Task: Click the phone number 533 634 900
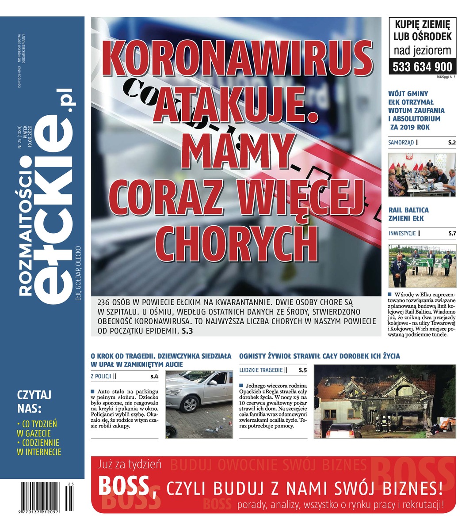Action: pyautogui.click(x=422, y=67)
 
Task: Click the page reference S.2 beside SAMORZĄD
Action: pyautogui.click(x=452, y=143)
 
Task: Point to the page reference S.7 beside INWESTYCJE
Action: pyautogui.click(x=452, y=233)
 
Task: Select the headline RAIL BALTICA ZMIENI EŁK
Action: pyautogui.click(x=408, y=214)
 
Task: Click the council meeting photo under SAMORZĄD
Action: pyautogui.click(x=422, y=174)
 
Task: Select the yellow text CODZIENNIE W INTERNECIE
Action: pyautogui.click(x=39, y=447)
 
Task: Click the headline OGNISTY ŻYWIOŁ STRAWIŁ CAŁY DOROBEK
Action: pyautogui.click(x=319, y=356)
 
